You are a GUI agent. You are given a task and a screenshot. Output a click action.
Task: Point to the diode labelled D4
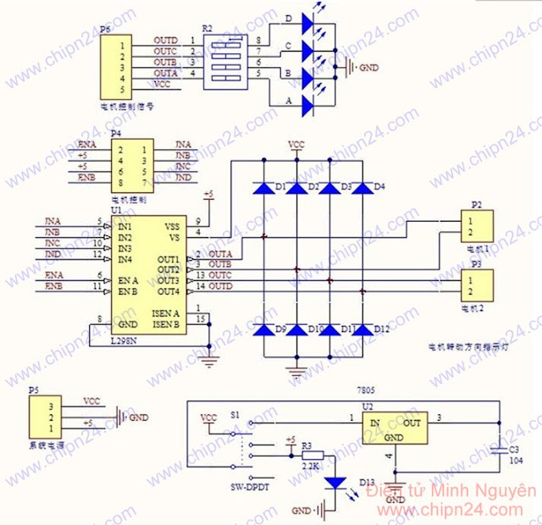pyautogui.click(x=362, y=187)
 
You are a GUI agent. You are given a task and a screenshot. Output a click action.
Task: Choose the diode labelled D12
pyautogui.click(x=362, y=329)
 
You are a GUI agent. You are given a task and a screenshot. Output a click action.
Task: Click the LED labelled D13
pyautogui.click(x=336, y=482)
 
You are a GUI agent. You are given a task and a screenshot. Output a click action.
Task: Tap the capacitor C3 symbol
pyautogui.click(x=499, y=447)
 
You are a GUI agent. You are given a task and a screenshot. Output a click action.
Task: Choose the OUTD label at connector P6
pyautogui.click(x=166, y=41)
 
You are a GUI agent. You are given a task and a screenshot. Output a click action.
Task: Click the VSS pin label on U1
pyautogui.click(x=172, y=227)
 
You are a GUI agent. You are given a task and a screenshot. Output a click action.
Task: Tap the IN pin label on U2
pyautogui.click(x=373, y=423)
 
